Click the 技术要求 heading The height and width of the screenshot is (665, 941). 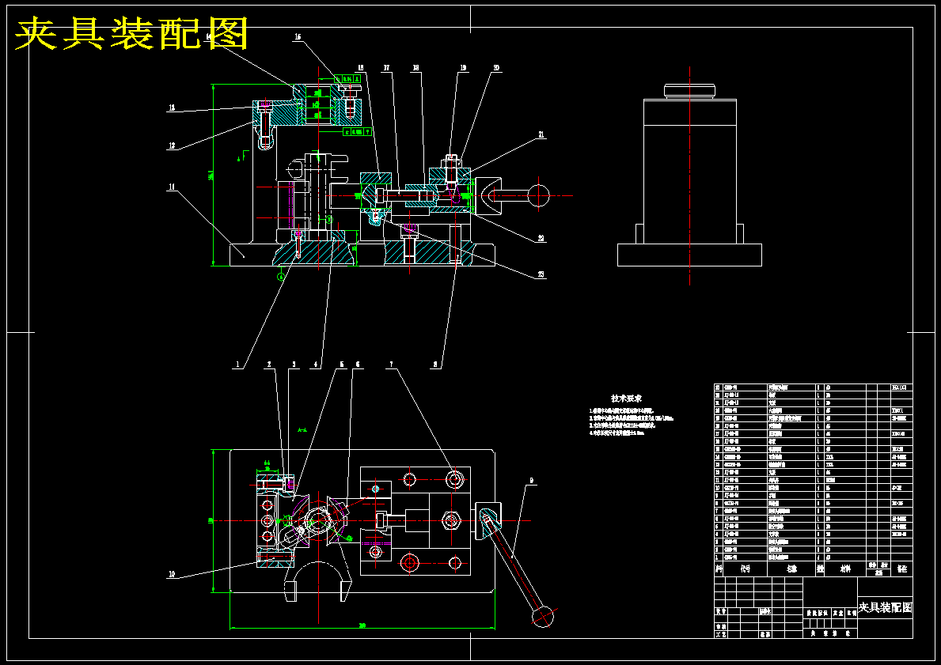coord(626,399)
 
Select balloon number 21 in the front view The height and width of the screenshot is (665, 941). coord(541,135)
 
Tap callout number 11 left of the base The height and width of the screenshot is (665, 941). coord(172,187)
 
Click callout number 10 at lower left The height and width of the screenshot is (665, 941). coord(172,575)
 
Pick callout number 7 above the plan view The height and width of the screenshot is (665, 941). coord(390,365)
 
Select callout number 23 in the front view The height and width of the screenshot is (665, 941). coord(541,274)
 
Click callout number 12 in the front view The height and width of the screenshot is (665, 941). coord(172,145)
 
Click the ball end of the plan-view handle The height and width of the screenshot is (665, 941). coord(542,614)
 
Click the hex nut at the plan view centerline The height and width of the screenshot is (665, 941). coord(452,520)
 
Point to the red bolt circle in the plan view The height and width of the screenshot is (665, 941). coord(409,562)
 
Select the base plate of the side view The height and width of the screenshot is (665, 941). coord(689,255)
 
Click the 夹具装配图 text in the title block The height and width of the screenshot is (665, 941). coord(885,607)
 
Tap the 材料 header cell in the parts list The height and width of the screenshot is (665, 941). coord(844,568)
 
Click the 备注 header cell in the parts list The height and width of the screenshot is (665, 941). coord(901,568)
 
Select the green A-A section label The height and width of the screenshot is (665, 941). coord(302,430)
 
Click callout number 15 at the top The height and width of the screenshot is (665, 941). coord(298,37)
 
